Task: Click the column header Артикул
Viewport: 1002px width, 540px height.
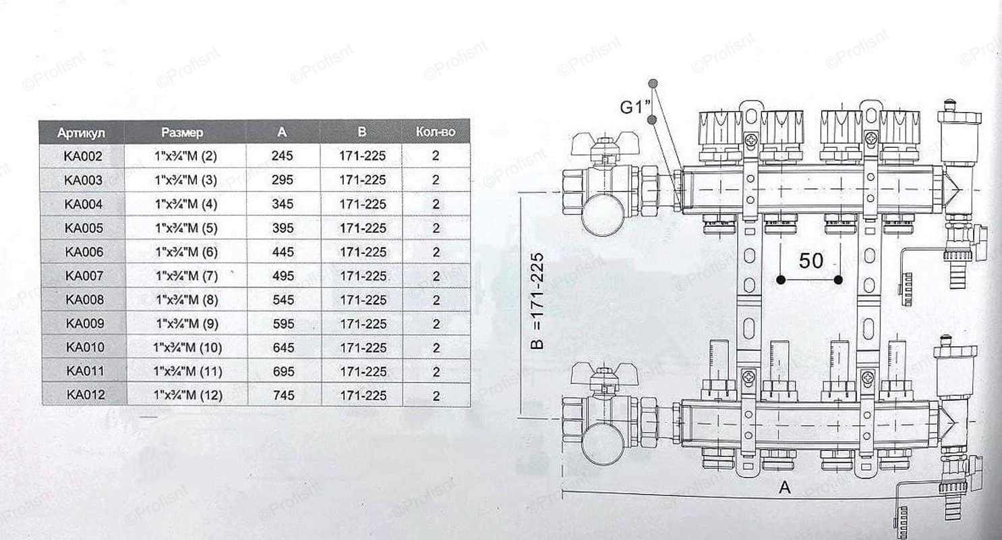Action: click(81, 133)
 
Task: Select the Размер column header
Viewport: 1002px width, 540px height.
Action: click(182, 132)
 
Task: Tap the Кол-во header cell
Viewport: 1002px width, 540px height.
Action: click(435, 132)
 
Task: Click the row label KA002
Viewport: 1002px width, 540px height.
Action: click(83, 157)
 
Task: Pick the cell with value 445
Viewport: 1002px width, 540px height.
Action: click(283, 252)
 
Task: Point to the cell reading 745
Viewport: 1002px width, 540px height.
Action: click(284, 396)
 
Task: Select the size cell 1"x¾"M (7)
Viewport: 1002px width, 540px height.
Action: click(187, 276)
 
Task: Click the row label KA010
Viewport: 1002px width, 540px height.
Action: click(85, 348)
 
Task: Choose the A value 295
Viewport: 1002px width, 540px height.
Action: click(283, 180)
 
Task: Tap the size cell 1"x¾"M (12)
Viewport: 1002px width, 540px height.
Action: click(188, 396)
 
